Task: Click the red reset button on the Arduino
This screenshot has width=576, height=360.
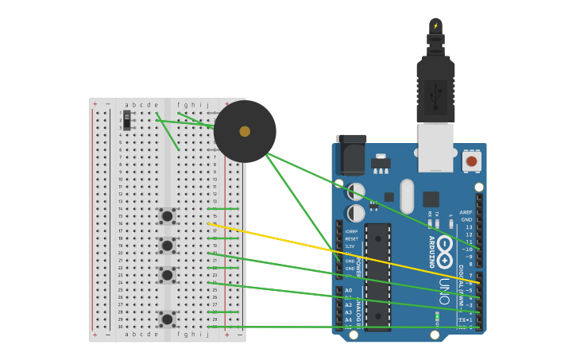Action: [x=471, y=161]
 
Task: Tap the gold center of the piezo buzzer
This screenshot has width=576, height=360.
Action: [x=245, y=131]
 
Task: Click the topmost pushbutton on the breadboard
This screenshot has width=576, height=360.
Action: [x=167, y=215]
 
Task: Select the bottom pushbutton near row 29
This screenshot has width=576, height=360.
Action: [x=167, y=319]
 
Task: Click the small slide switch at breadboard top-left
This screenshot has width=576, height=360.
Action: [x=126, y=120]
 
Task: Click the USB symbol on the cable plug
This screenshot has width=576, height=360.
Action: [x=435, y=97]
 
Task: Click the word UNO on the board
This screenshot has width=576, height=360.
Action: [x=444, y=290]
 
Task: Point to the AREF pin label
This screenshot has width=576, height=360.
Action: [x=466, y=212]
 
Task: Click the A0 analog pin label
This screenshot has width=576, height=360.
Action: [x=348, y=290]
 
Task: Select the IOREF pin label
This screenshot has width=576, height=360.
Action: [x=351, y=231]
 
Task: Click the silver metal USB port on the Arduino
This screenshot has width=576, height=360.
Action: [x=435, y=147]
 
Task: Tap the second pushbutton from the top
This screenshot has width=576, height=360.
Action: [x=167, y=245]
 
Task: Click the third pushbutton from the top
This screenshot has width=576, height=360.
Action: [x=167, y=274]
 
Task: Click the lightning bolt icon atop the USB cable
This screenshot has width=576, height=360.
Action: [x=435, y=25]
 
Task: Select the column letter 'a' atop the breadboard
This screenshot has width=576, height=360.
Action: [x=126, y=104]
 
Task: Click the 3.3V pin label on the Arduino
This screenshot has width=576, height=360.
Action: [x=350, y=246]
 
